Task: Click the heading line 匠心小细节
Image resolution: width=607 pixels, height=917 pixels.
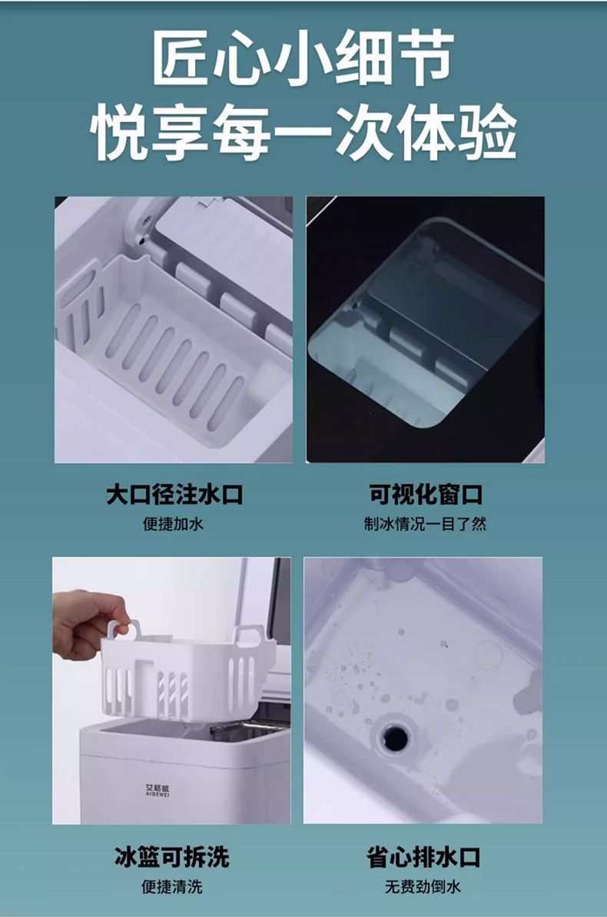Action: tap(303, 58)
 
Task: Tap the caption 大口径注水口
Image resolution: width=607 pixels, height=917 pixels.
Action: tap(174, 494)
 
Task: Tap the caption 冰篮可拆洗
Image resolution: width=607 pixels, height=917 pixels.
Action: tap(172, 856)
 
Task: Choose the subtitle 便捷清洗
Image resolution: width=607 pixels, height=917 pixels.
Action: tap(172, 886)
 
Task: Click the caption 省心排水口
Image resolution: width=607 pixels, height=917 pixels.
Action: tap(423, 856)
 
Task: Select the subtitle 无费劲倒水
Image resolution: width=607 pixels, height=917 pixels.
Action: tap(423, 886)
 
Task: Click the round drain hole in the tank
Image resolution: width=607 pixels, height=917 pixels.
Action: tap(395, 738)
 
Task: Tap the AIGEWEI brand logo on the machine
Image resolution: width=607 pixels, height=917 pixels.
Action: tap(158, 789)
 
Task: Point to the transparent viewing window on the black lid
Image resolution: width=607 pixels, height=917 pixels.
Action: tap(426, 323)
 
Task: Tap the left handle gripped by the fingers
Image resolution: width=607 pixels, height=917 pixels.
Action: tap(123, 629)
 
